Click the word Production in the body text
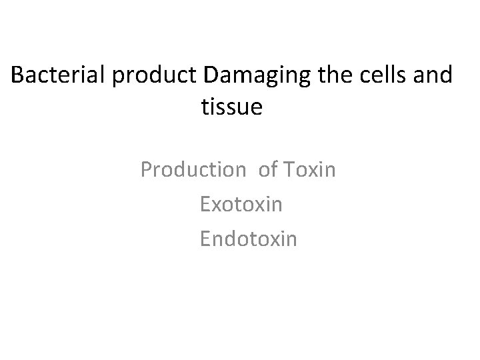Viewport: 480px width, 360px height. tap(193, 170)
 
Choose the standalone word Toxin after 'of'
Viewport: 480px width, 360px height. tap(309, 170)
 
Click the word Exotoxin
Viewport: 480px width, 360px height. tap(241, 204)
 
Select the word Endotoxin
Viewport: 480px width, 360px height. tap(248, 238)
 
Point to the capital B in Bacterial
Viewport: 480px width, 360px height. tap(17, 77)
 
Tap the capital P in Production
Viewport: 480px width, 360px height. tap(146, 170)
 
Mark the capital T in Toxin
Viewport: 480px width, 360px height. tap(287, 170)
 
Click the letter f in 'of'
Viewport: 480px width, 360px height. tap(273, 170)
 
